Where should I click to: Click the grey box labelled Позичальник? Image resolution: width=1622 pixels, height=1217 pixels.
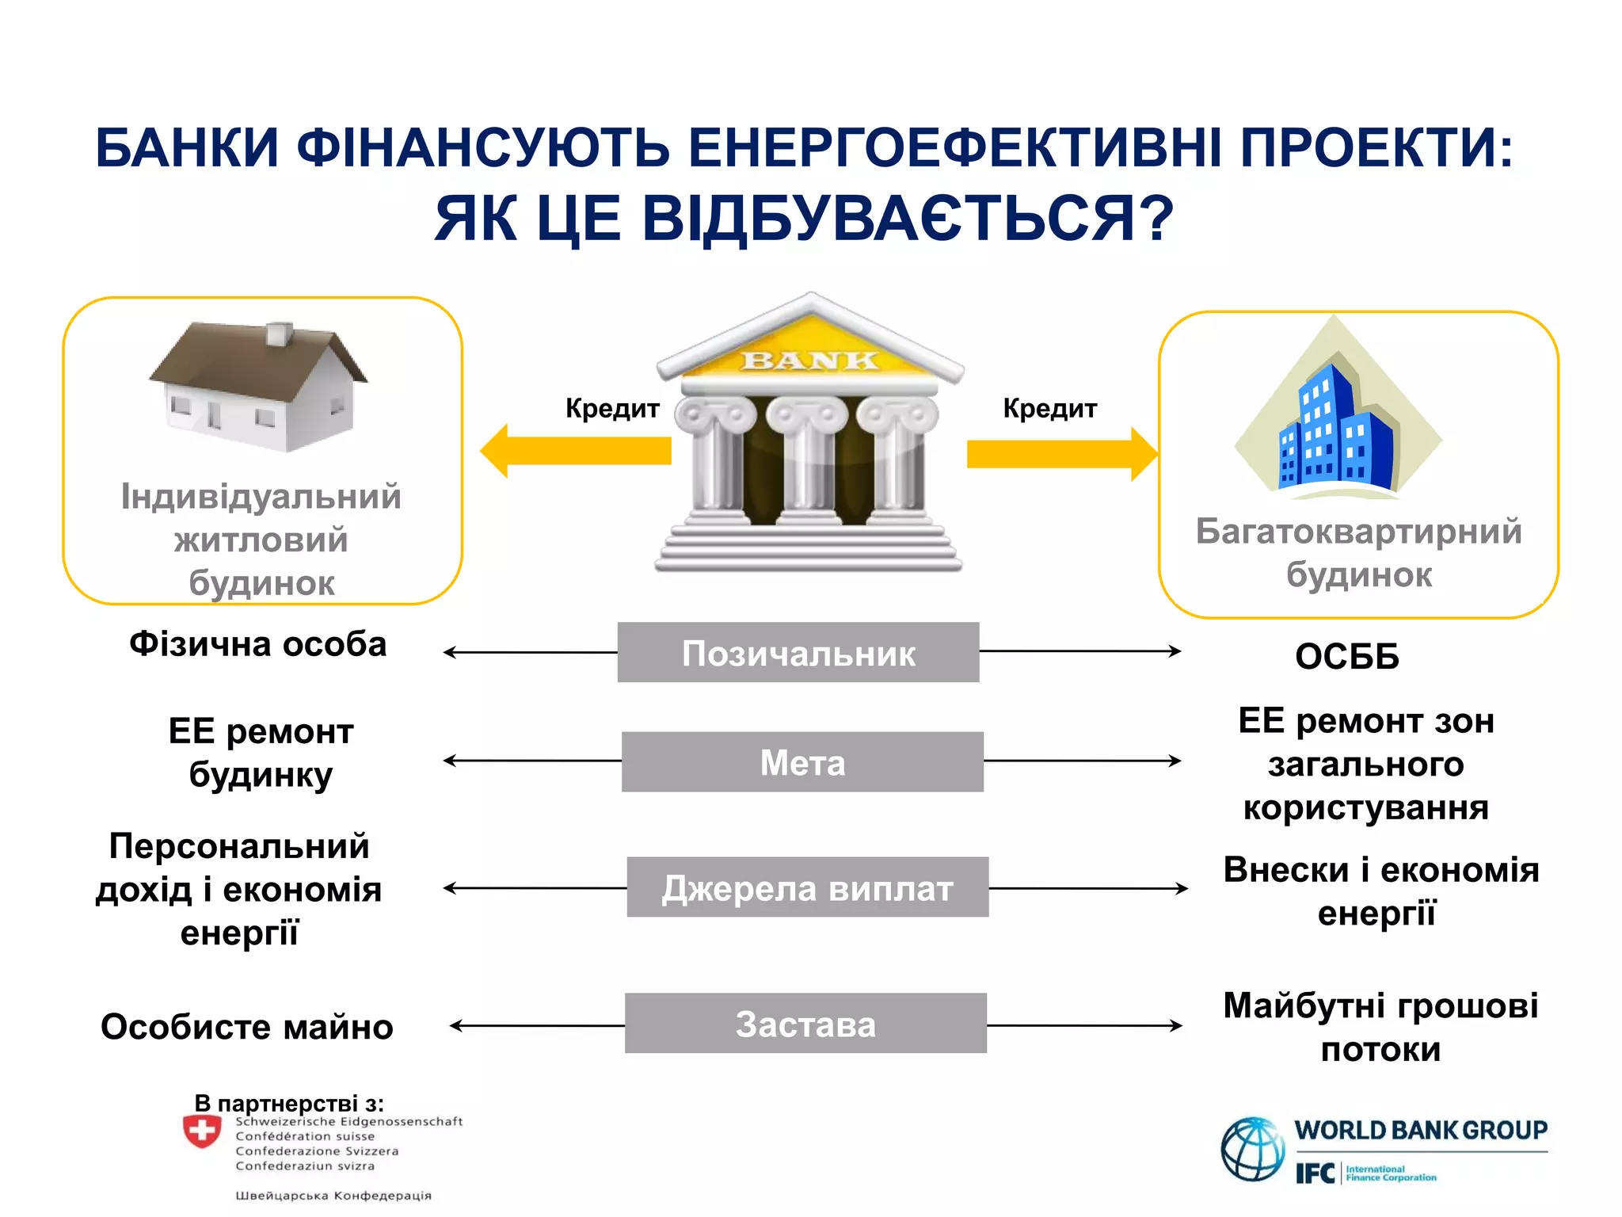pos(798,652)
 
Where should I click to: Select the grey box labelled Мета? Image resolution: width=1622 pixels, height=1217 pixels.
pos(802,761)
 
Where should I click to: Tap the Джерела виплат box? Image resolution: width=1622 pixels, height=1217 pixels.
pos(807,887)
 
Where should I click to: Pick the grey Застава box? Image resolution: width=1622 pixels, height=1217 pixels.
pos(805,1023)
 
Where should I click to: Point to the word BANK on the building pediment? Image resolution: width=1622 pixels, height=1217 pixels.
pos(809,361)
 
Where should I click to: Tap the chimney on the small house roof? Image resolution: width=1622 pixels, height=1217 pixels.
pos(279,334)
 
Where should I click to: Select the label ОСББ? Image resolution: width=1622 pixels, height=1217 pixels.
pos(1346,657)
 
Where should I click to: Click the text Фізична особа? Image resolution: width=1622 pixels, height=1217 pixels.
pos(257,644)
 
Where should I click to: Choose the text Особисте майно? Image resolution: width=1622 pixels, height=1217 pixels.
pos(246,1027)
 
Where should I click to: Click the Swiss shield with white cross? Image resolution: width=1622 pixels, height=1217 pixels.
pos(202,1131)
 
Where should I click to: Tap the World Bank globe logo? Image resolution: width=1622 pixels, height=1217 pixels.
pos(1251,1148)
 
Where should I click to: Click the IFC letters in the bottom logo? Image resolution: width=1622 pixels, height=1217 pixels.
pos(1315,1173)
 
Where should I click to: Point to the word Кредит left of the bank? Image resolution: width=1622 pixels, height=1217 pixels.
pos(612,408)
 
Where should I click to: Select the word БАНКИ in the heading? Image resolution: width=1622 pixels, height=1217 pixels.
pos(187,148)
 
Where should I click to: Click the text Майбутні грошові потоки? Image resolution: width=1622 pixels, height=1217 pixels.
pos(1380,1027)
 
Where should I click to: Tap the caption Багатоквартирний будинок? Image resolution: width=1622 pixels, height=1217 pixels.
pos(1358,552)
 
